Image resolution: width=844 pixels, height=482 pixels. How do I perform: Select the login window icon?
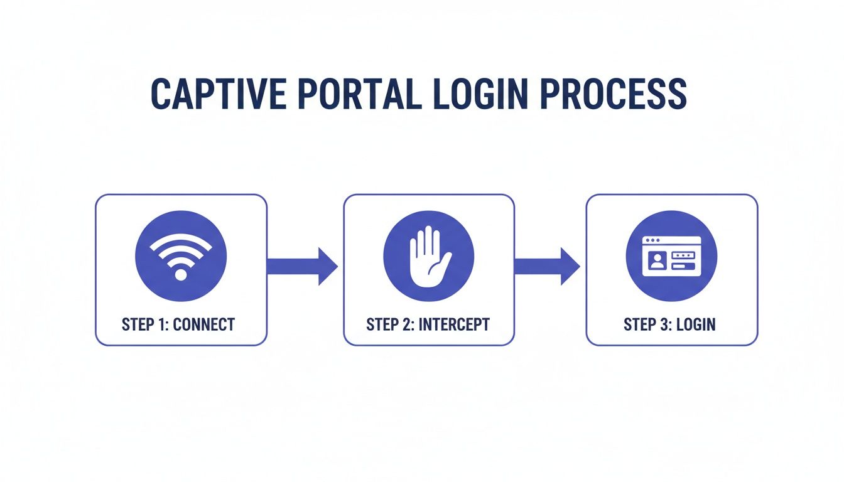(671, 256)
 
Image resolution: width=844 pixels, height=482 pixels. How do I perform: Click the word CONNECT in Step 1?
(203, 324)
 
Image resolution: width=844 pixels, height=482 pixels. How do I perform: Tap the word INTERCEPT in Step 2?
(454, 324)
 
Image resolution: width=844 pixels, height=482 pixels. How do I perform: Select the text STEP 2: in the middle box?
(391, 324)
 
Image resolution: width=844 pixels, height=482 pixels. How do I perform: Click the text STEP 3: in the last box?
(647, 324)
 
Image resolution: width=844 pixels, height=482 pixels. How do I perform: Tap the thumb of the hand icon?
(444, 262)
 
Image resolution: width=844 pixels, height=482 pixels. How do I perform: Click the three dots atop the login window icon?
(652, 240)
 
